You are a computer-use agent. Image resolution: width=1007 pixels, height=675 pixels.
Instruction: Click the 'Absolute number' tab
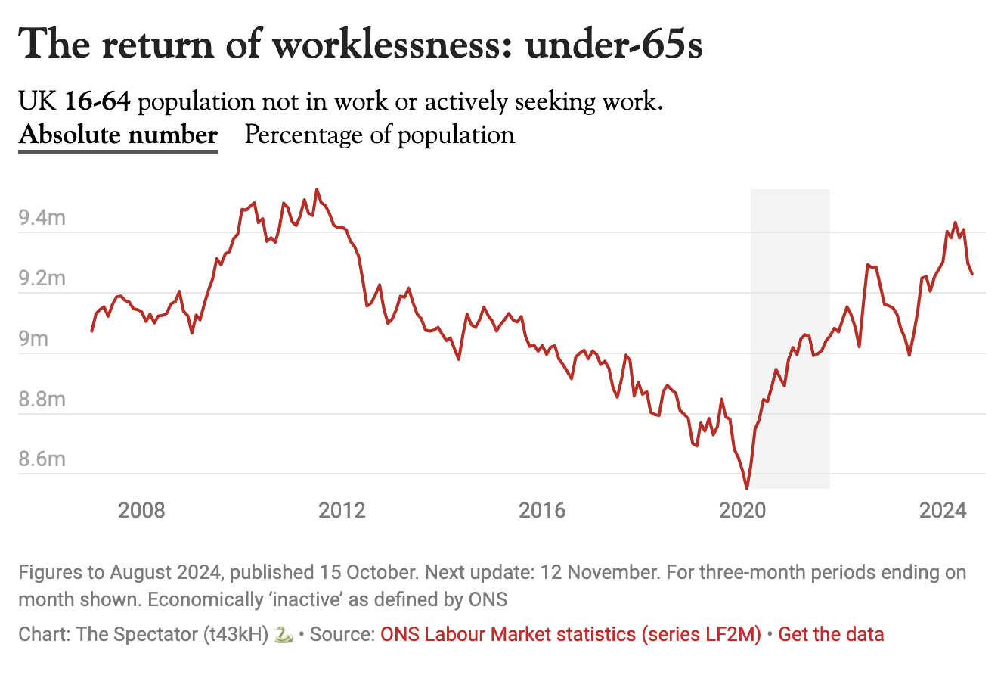118,135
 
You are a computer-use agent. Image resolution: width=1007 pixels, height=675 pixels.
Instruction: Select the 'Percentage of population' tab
380,135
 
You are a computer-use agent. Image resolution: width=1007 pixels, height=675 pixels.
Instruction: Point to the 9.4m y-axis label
42,219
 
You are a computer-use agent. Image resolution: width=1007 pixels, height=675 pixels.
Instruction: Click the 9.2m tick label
42,279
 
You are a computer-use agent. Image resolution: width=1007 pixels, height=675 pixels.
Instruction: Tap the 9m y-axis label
34,340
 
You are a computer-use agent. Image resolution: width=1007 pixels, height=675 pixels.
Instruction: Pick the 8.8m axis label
42,400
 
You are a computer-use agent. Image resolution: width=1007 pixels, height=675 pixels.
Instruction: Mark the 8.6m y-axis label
42,460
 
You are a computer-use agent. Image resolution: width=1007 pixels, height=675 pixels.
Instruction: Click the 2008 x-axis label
141,510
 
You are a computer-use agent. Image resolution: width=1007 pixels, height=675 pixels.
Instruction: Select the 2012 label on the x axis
342,510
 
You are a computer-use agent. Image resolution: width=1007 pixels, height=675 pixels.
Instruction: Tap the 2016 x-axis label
543,510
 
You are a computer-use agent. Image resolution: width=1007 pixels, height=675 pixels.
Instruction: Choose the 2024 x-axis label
943,510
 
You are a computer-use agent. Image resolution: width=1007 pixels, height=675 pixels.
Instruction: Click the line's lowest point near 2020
747,489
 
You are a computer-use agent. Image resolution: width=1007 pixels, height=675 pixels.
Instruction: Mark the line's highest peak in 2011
317,189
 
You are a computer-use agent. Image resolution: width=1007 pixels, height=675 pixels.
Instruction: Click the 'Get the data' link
831,634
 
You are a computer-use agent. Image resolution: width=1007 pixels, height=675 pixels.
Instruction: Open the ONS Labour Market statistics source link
571,634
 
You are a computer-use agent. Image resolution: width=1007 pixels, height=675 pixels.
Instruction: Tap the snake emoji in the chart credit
284,634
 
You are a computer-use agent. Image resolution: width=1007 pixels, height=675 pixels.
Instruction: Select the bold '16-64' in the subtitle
98,101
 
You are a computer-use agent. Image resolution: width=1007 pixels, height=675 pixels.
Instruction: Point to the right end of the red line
972,274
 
